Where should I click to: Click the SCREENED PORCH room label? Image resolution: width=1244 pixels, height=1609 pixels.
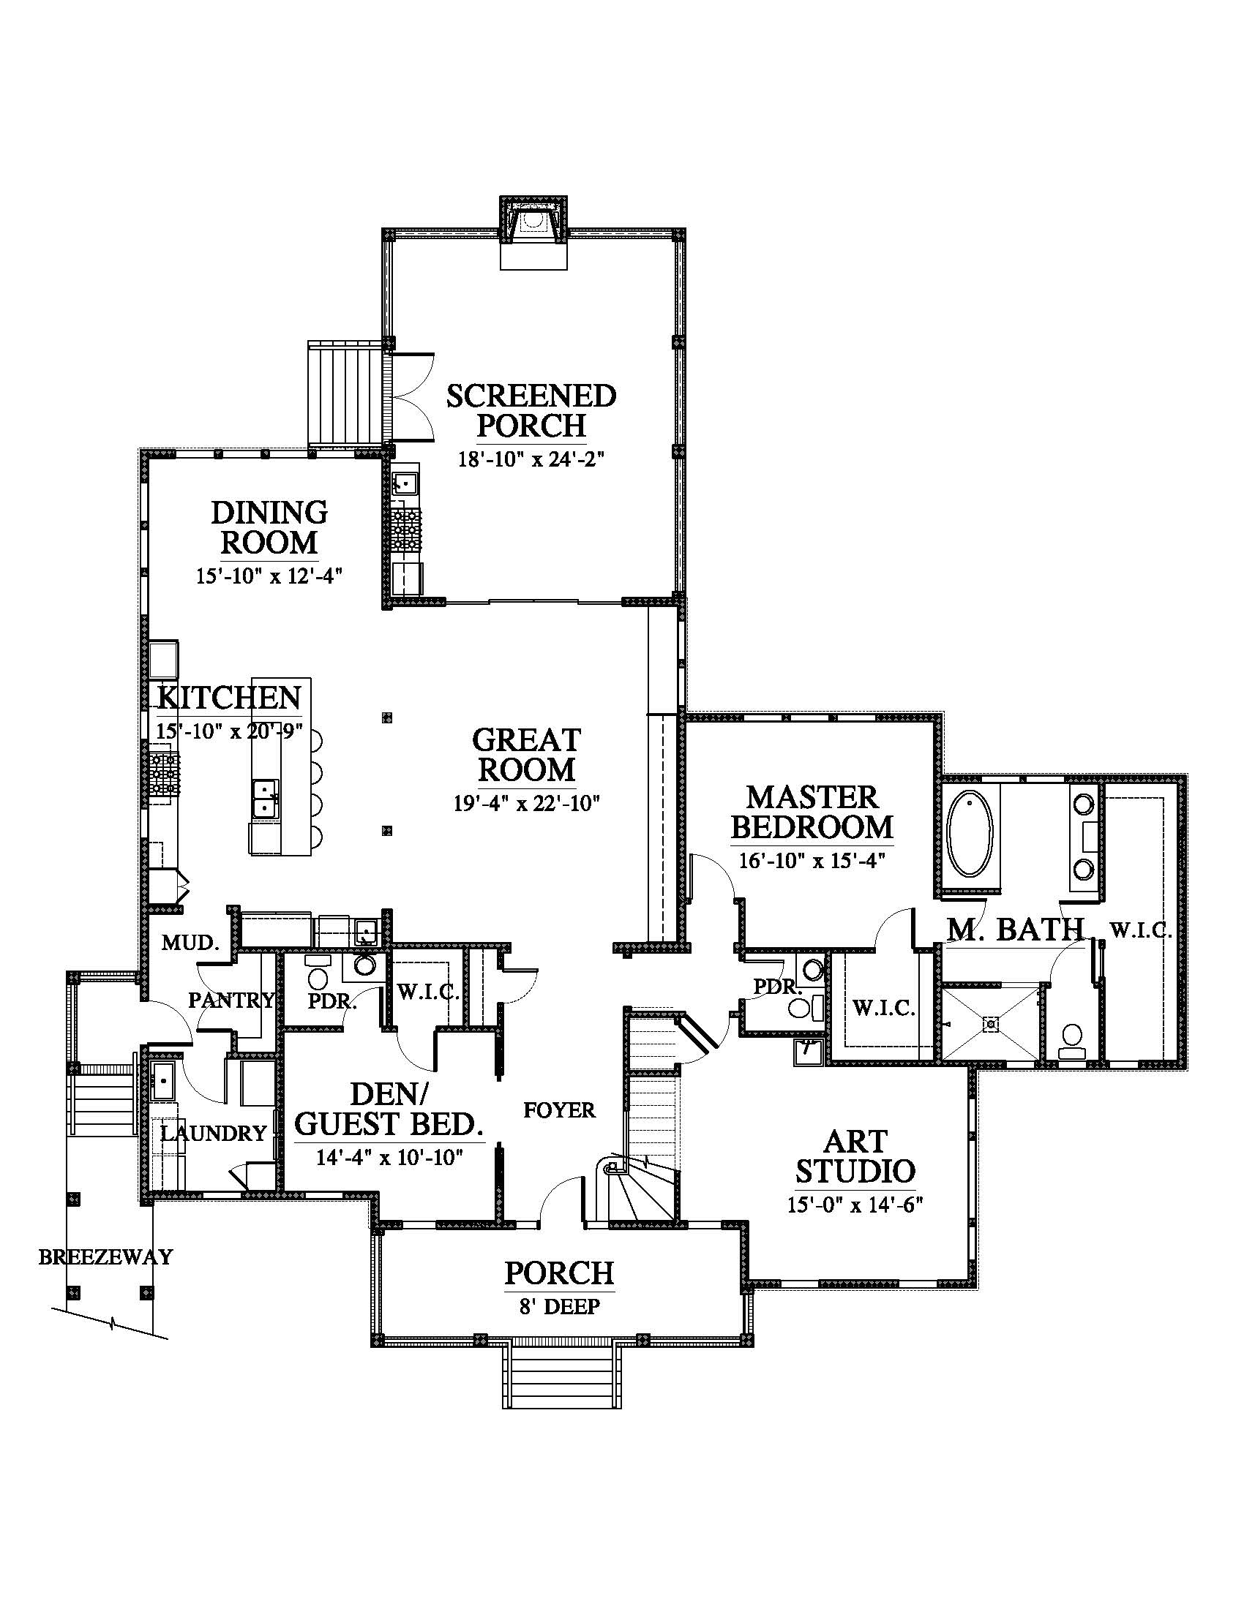point(531,410)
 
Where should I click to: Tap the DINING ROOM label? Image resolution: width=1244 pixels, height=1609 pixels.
point(269,527)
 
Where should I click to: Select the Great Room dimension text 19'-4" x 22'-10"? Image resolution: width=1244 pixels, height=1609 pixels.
point(527,802)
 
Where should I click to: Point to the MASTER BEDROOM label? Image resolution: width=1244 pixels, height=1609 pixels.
point(812,812)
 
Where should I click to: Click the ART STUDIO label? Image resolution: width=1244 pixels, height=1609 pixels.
point(855,1156)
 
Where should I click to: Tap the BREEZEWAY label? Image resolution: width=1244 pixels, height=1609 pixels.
point(105,1256)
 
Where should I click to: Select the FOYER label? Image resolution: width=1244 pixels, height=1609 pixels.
point(559,1109)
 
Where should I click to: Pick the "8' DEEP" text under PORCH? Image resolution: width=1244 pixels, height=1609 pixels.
point(559,1306)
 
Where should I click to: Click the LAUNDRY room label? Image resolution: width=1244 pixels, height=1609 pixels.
point(213,1133)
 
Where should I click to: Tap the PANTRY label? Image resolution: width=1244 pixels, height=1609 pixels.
point(231,1000)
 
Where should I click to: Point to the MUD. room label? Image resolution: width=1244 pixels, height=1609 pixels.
point(191,942)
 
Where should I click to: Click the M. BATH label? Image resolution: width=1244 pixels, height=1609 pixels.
point(1016,930)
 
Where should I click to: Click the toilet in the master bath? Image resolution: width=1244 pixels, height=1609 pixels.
point(1071,1038)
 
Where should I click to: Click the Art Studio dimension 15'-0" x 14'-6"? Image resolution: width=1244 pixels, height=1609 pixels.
point(855,1205)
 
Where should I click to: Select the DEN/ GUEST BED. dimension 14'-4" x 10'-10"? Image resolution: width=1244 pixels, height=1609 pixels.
point(389,1158)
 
